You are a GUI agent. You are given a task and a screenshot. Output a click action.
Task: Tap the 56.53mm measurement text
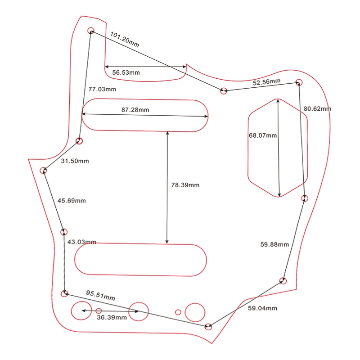tap(126, 72)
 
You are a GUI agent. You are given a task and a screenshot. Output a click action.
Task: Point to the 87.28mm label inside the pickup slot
tap(135, 110)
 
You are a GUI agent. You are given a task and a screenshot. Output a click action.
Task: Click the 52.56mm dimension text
tap(266, 82)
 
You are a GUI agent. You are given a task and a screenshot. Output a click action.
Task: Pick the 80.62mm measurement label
tap(317, 109)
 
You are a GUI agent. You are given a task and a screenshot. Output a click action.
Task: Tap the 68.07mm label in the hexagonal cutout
tap(263, 135)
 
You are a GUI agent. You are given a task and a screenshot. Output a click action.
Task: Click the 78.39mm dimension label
tap(185, 185)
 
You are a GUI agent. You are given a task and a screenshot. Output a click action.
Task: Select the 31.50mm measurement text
tap(75, 161)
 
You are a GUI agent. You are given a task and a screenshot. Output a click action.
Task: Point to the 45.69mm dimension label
tap(72, 201)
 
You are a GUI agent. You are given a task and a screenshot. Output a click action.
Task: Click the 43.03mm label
tap(81, 242)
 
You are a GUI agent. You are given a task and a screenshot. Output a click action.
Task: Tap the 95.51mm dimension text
tap(100, 295)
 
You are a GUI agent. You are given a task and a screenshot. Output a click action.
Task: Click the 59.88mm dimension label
tap(274, 245)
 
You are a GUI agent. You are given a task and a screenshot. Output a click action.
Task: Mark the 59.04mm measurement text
tap(262, 308)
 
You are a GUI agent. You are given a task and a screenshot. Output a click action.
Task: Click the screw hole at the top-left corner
tap(91, 31)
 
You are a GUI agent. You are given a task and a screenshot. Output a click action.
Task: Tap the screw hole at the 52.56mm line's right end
tap(299, 82)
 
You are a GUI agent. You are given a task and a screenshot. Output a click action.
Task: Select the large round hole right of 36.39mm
tap(139, 311)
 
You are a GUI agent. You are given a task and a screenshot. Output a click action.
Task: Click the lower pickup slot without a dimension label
tap(140, 260)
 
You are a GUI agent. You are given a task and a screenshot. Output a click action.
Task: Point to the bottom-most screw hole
tap(208, 326)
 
